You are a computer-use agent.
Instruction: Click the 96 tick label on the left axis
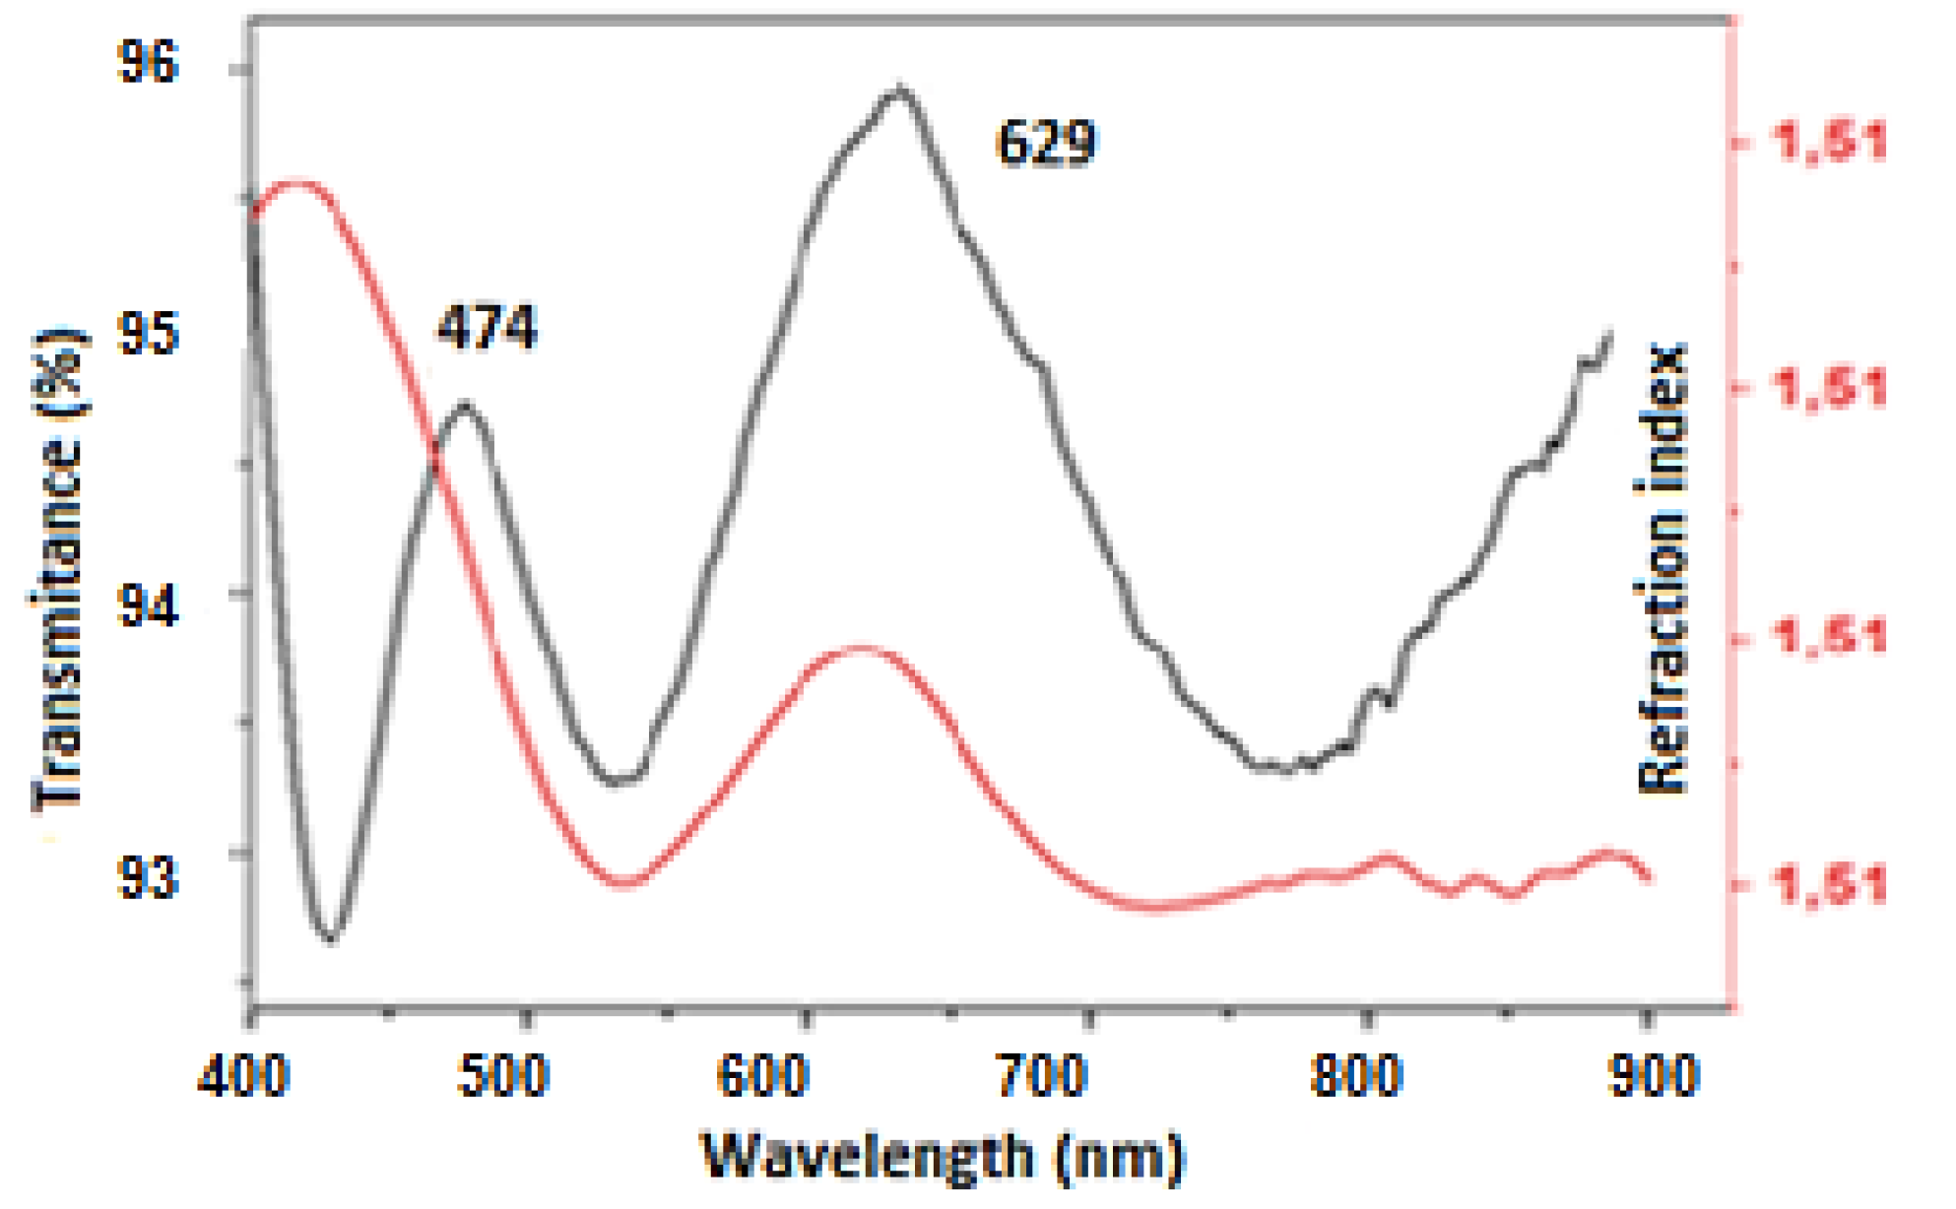[x=147, y=62]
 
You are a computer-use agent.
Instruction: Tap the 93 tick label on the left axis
[x=147, y=876]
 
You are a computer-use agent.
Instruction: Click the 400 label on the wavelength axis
[x=242, y=1075]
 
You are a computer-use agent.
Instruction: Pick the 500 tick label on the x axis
[x=503, y=1075]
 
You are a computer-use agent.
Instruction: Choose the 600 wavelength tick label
[x=763, y=1075]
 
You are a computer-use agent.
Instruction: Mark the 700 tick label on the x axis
[x=1042, y=1075]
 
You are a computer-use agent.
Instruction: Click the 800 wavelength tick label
[x=1356, y=1075]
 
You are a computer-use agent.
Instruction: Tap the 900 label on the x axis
[x=1654, y=1075]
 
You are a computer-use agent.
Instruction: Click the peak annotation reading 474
[x=487, y=327]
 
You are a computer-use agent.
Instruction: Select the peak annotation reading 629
[x=1045, y=143]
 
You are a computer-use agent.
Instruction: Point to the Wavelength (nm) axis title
[x=942, y=1158]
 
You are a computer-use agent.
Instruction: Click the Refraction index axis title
[x=1662, y=569]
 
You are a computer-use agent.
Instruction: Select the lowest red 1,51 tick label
[x=1830, y=884]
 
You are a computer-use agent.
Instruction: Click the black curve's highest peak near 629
[x=899, y=90]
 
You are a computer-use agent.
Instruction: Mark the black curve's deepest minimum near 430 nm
[x=331, y=938]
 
